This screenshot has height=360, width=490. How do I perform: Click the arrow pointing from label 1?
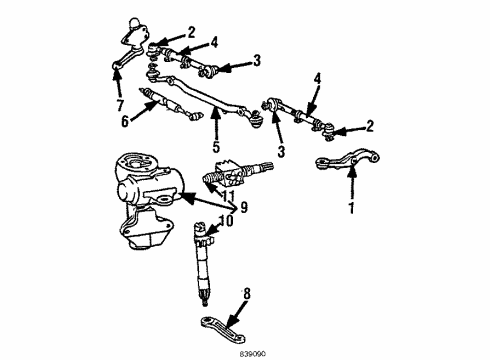pyautogui.click(x=351, y=184)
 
